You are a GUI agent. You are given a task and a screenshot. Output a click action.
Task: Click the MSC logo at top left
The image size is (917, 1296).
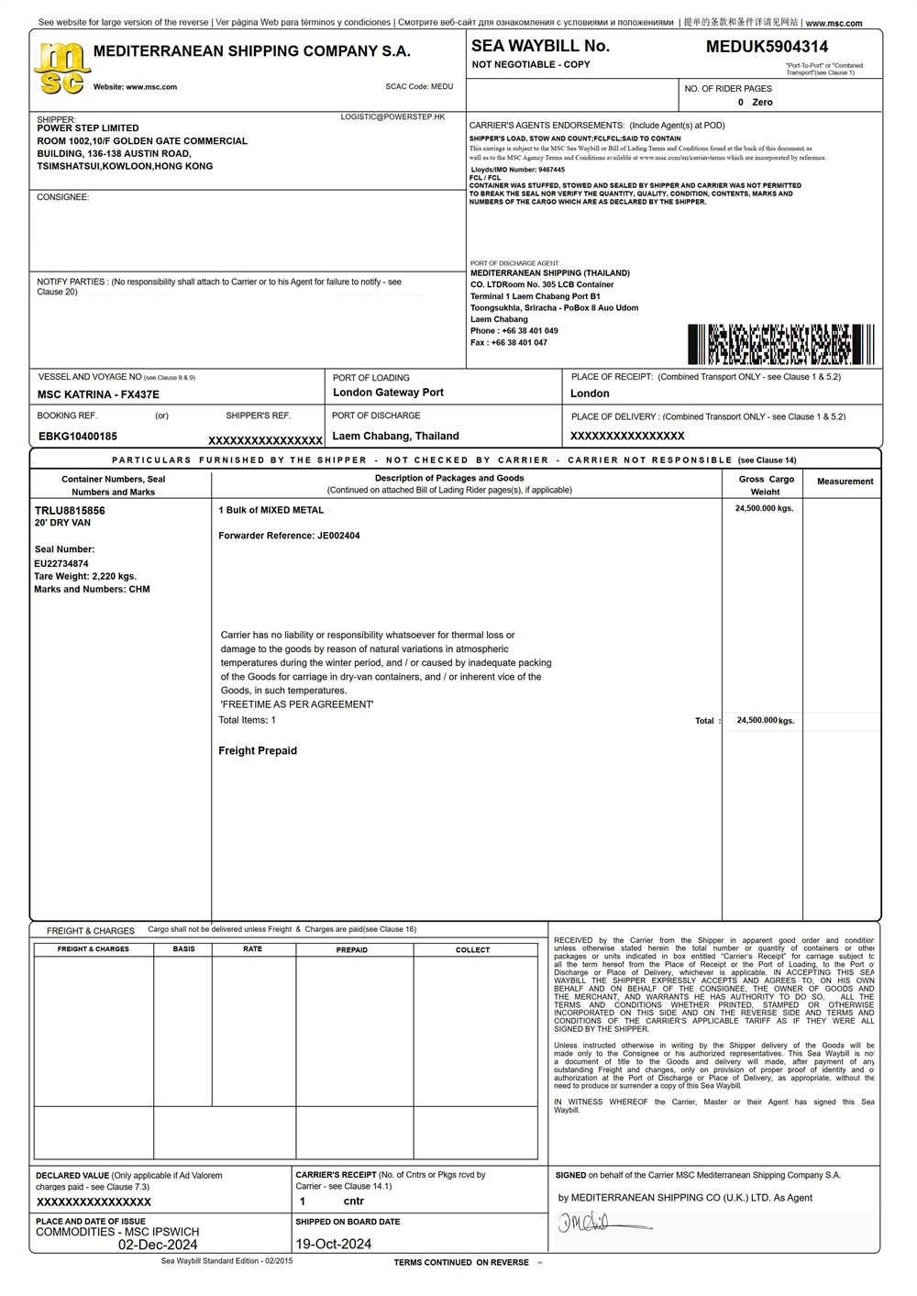click(61, 69)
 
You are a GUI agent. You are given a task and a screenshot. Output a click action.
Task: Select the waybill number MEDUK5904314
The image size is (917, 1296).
click(767, 47)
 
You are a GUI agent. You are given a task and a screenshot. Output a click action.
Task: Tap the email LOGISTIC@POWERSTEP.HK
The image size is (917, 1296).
click(392, 117)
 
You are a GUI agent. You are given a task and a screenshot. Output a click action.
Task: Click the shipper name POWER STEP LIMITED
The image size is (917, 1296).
click(88, 128)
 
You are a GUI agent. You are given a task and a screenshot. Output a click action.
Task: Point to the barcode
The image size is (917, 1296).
click(780, 344)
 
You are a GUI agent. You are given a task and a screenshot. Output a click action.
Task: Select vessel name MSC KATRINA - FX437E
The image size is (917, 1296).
click(98, 394)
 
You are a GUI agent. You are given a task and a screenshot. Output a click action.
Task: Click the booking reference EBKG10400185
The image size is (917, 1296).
click(78, 437)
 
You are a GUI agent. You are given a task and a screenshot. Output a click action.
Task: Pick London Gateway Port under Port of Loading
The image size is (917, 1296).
click(388, 393)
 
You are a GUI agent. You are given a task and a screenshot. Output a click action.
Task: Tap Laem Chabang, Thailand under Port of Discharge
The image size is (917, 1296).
click(395, 437)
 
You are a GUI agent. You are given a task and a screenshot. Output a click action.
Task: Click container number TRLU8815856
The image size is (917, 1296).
click(70, 510)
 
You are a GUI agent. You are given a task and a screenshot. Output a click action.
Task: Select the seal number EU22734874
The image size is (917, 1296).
click(61, 563)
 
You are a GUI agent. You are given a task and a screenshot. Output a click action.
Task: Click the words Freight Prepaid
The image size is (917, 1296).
click(258, 751)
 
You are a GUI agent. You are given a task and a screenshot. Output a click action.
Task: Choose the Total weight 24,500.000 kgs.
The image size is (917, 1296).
click(765, 721)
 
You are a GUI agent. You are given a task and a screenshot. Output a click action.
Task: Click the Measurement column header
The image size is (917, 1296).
click(845, 482)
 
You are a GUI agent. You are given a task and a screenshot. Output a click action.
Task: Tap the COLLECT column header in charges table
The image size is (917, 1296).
click(473, 950)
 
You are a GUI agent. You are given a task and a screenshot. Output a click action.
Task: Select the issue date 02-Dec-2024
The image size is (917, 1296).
click(158, 1245)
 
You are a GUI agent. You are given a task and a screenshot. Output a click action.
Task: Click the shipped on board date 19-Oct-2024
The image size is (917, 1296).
click(334, 1245)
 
